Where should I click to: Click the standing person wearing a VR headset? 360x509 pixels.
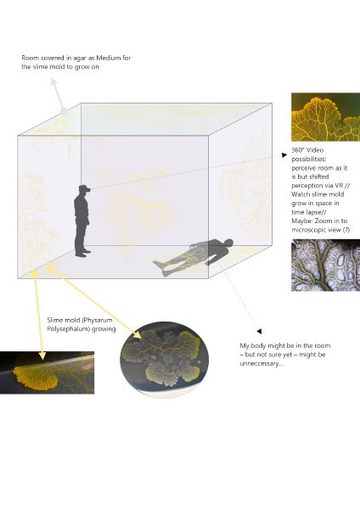tap(82, 222)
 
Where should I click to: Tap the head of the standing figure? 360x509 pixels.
tap(82, 191)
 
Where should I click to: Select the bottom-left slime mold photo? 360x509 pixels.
tap(47, 372)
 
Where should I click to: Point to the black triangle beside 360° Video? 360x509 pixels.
tap(284, 154)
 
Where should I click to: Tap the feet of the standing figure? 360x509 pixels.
tap(82, 253)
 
